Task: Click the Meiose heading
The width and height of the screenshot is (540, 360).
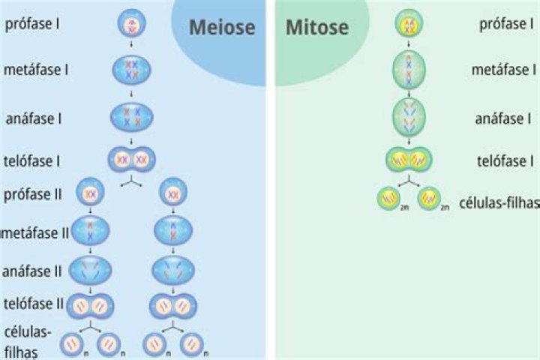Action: pos(222,27)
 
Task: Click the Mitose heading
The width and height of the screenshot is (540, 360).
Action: pos(317,27)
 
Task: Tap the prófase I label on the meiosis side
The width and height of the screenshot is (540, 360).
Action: pos(32,24)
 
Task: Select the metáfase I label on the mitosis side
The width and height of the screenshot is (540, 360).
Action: pos(504,70)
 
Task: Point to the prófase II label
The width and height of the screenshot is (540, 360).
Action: pos(33,195)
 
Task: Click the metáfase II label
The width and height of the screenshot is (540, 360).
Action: pos(35,233)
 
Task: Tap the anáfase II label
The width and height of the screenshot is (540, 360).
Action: pos(32,271)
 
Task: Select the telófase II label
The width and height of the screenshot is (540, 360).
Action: pos(34,304)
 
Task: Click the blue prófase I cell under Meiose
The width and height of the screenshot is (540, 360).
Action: pos(131,23)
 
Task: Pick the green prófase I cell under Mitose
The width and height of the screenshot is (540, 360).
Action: pos(409,23)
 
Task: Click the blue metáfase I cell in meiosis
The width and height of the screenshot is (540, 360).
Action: pos(131,70)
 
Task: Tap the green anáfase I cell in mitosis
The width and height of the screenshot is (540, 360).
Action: pos(409,118)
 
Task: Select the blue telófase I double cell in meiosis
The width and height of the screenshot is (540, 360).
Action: pos(132,160)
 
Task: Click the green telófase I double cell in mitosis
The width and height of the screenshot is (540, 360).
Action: pos(409,160)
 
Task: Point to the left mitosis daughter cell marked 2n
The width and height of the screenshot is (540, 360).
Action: pos(388,199)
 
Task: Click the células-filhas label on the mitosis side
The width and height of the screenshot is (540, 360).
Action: pos(499,203)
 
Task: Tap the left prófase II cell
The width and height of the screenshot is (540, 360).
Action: pos(90,192)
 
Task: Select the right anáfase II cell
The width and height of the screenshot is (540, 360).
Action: pos(173,270)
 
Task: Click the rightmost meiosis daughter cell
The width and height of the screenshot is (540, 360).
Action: pos(192,344)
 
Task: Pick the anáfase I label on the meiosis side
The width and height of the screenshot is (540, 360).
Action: pos(34,118)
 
